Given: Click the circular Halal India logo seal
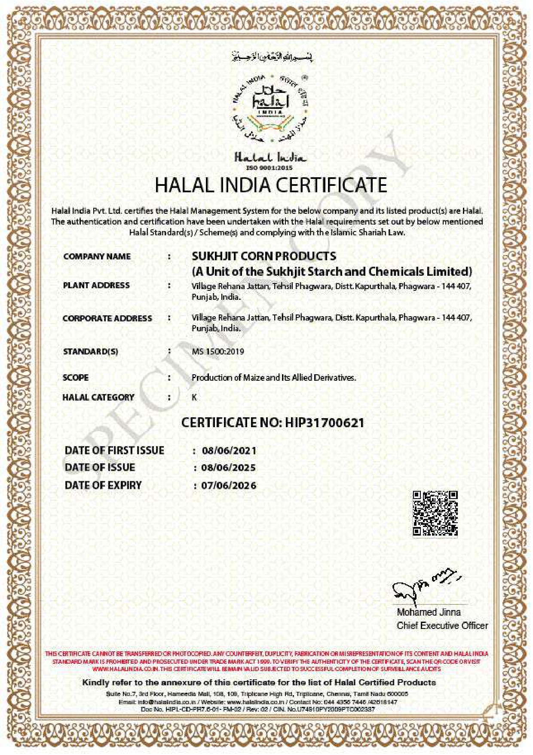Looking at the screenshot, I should [x=270, y=109].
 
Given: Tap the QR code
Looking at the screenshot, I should [x=435, y=513].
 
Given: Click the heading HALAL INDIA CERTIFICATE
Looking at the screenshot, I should [x=271, y=185].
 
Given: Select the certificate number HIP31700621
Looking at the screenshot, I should [x=325, y=422].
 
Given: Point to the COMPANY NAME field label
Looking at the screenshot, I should [x=97, y=256].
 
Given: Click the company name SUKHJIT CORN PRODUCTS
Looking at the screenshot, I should [x=264, y=256].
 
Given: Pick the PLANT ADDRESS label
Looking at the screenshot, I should [x=96, y=285].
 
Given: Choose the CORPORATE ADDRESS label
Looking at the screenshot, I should [x=107, y=318].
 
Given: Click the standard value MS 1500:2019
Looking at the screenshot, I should [x=217, y=351].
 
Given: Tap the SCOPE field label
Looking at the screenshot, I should [x=76, y=378].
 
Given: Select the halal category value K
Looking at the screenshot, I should [x=194, y=398].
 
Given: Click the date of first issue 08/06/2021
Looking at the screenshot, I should [x=229, y=451].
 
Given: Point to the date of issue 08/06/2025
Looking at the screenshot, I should [x=229, y=468].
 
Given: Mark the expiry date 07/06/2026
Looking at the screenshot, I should [x=229, y=486].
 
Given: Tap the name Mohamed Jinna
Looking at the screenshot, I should [x=429, y=612].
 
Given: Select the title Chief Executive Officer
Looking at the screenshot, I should [x=442, y=626].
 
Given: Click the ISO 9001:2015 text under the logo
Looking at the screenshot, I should [x=269, y=168].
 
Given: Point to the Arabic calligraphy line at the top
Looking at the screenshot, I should [x=272, y=56].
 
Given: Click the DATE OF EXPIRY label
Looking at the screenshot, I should [x=103, y=485].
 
